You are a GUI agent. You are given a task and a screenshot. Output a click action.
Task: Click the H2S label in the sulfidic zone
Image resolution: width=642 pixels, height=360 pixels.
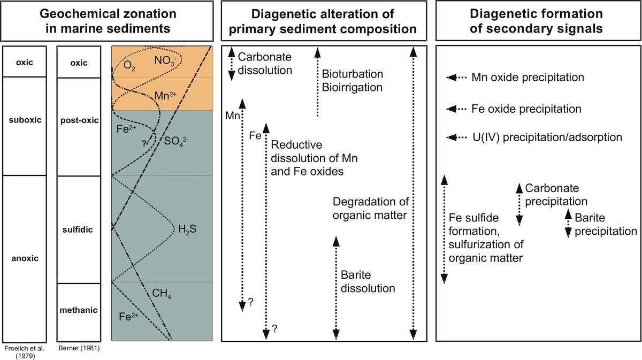coord(186,229)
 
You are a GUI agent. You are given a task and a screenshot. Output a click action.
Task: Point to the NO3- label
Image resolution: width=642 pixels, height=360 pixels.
coord(166,59)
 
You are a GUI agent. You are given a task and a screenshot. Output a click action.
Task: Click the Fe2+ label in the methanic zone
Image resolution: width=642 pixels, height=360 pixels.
coord(128,316)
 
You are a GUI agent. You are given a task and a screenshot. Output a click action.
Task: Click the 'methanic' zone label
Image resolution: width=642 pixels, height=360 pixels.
coord(79,310)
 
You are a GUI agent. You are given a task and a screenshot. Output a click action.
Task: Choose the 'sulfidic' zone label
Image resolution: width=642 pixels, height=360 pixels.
coord(79,229)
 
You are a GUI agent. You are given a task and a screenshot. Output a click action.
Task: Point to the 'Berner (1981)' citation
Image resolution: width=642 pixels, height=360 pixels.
coord(79,349)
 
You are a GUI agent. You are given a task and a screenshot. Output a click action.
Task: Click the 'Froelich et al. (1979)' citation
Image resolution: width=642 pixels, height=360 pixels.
coord(25,351)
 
